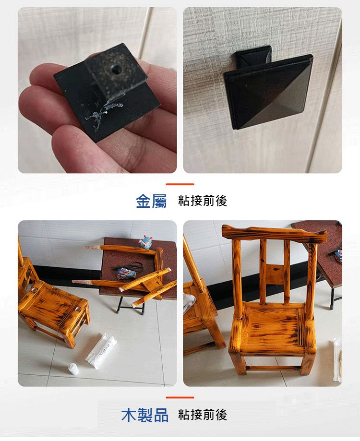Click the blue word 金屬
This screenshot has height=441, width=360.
[151, 201]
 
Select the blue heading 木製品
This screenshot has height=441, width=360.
[145, 415]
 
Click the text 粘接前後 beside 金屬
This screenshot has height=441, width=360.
[203, 201]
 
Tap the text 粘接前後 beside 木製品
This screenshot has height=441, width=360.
[203, 415]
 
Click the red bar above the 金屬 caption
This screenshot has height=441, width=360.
[180, 184]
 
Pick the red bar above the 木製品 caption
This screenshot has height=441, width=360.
[180, 398]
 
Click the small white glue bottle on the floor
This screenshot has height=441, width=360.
[74, 369]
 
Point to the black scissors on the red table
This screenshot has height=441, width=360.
[130, 266]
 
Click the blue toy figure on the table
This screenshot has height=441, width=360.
[146, 242]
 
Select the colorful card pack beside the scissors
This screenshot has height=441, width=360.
[127, 274]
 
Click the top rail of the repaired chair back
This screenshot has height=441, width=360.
[275, 234]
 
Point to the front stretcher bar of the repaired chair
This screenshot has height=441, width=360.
[273, 368]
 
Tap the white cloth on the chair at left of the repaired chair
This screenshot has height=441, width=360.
[189, 303]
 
